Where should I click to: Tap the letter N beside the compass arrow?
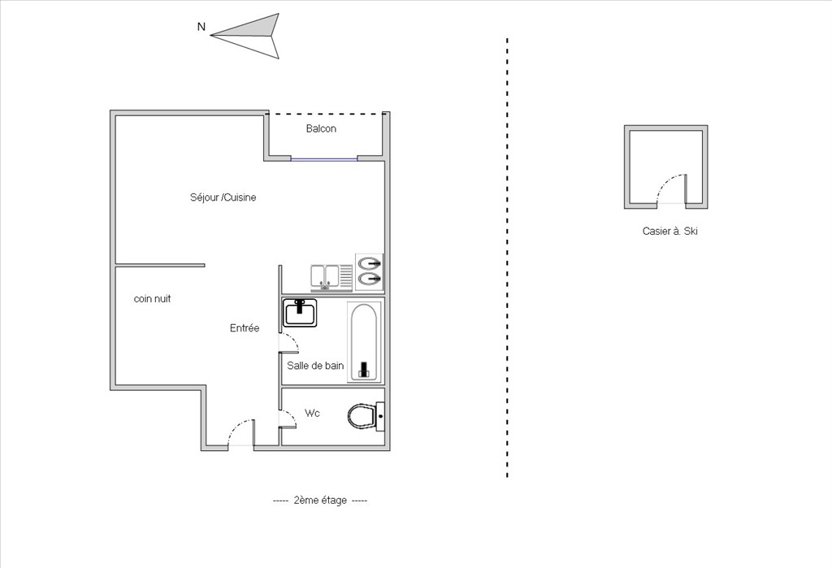[201, 27]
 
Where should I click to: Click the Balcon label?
[321, 128]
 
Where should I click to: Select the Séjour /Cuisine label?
[223, 197]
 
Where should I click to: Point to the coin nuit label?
[152, 299]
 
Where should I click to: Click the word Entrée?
[245, 328]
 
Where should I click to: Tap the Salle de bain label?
[315, 366]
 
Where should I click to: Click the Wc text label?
[312, 413]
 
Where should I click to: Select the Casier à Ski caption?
[669, 231]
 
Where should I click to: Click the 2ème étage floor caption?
[320, 500]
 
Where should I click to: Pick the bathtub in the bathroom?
[364, 341]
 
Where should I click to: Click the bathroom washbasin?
[300, 313]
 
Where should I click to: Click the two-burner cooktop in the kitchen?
[369, 271]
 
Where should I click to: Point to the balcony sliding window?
[324, 158]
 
